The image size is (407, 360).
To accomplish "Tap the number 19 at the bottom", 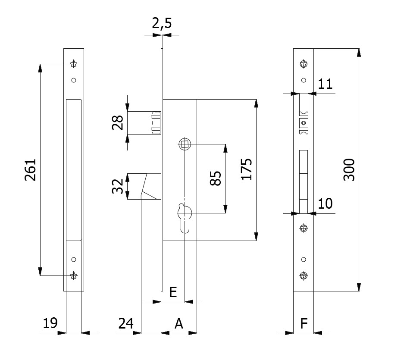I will pyautogui.click(x=50, y=323).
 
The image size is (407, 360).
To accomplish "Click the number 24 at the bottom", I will pyautogui.click(x=125, y=323).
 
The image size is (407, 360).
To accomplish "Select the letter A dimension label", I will pyautogui.click(x=178, y=323).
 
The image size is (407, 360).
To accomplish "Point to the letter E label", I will pyautogui.click(x=172, y=292).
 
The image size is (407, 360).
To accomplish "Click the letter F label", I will pyautogui.click(x=304, y=323).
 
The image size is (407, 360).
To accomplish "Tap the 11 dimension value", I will pyautogui.click(x=326, y=84).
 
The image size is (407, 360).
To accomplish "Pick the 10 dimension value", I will pyautogui.click(x=326, y=203).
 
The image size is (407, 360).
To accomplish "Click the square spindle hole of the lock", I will pyautogui.click(x=184, y=144).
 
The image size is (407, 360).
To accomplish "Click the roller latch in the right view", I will pyautogui.click(x=304, y=122).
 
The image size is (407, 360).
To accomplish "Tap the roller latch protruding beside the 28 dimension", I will pyautogui.click(x=156, y=122).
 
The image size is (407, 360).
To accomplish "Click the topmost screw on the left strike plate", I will pyautogui.click(x=74, y=65).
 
